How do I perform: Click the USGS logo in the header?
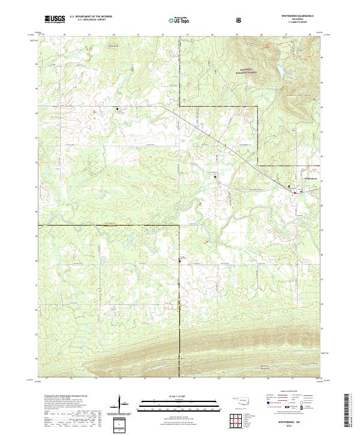point(55,19)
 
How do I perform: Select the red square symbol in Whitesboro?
point(293,193)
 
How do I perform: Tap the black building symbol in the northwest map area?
point(118,109)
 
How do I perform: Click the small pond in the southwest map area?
point(110,313)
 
